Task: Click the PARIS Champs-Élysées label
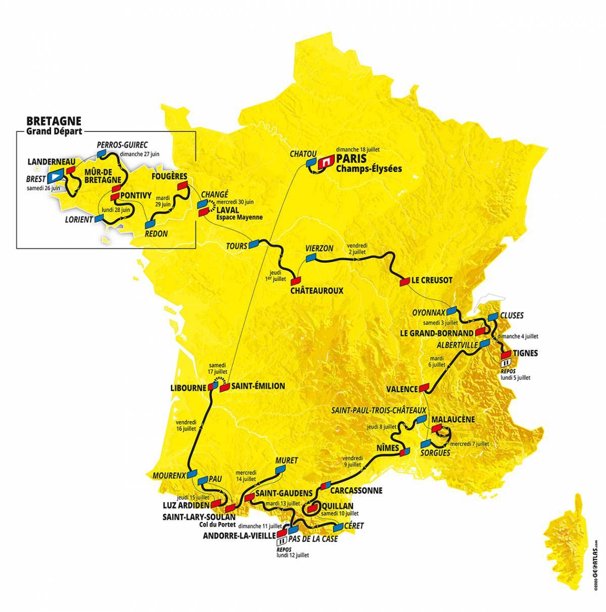[x=367, y=164]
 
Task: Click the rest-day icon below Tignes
[x=506, y=363]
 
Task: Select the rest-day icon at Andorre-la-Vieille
[x=281, y=540]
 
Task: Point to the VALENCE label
[x=401, y=389]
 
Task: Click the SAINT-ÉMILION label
[x=258, y=386]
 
